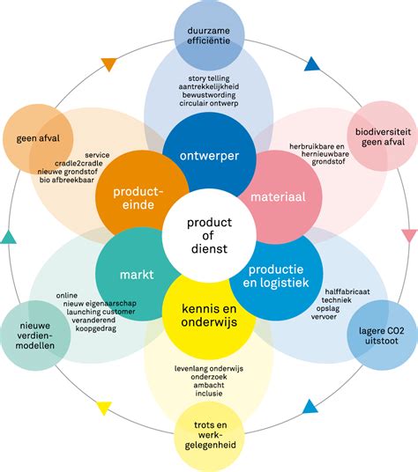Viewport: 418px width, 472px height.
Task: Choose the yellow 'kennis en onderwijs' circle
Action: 209,314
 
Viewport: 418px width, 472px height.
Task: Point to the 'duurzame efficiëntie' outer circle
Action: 209,35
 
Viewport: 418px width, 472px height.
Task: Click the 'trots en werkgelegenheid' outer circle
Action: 209,436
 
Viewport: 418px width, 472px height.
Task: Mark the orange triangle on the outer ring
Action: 109,63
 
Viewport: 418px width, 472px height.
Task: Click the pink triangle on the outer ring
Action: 408,235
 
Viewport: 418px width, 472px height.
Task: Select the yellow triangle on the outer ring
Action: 105,407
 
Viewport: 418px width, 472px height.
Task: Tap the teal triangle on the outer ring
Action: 9,236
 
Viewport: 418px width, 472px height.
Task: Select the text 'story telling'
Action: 209,78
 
